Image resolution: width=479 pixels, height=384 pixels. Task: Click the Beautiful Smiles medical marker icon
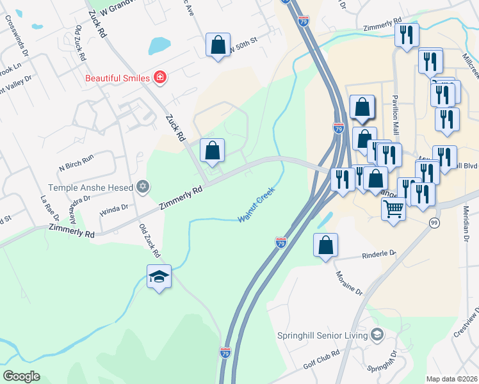coord(159,79)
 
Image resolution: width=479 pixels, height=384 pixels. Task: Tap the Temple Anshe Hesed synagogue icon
coord(143,188)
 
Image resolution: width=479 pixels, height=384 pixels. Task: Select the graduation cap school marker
coord(159,276)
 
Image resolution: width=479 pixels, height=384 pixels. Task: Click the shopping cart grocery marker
coord(393,208)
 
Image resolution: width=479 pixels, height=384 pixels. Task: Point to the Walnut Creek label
coord(256,205)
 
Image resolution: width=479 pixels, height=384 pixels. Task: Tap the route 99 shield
coord(435,222)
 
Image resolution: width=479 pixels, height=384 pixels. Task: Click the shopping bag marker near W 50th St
coord(218,45)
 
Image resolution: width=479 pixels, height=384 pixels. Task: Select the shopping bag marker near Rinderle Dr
coord(325,245)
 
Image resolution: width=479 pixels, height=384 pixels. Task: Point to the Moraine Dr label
coord(349,282)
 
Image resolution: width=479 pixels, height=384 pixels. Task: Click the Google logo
coord(21,376)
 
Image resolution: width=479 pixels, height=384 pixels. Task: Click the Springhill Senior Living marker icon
coord(377,334)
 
